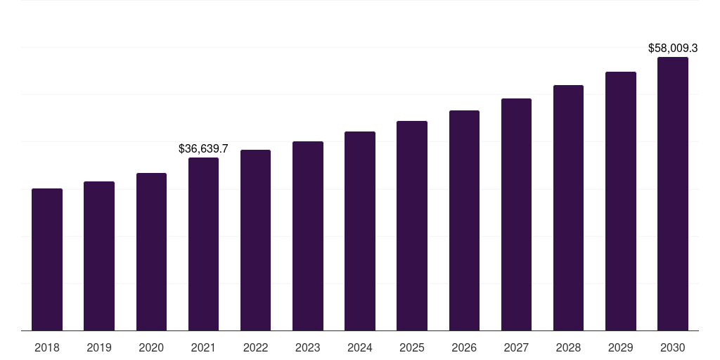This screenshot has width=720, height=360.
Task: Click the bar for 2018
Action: click(x=47, y=259)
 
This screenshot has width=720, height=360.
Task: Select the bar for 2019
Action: click(x=99, y=256)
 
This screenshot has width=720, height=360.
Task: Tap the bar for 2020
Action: click(x=151, y=252)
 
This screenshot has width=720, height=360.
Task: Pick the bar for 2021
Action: click(x=203, y=244)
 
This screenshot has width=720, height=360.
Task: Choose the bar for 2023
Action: click(x=308, y=236)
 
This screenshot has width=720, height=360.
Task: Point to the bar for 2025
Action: click(x=412, y=226)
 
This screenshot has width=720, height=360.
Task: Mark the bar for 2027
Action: click(x=516, y=214)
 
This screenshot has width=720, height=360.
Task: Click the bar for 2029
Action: click(x=621, y=201)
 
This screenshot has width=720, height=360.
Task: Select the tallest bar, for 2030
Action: click(x=673, y=194)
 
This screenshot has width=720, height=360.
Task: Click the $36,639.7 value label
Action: click(x=203, y=149)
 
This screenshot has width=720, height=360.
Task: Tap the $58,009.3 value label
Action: click(x=673, y=49)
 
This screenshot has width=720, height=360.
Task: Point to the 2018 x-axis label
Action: click(x=47, y=347)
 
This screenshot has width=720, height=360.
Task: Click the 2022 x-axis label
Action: click(x=255, y=347)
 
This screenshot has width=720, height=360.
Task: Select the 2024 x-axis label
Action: click(x=360, y=347)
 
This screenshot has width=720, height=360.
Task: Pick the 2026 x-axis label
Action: click(x=464, y=347)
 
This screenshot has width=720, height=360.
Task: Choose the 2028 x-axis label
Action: click(x=568, y=347)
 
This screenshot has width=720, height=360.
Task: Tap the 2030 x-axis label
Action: click(x=673, y=347)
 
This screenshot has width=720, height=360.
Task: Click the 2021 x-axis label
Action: click(x=203, y=347)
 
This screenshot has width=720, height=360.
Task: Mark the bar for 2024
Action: click(x=360, y=231)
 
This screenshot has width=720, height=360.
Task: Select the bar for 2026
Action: click(x=464, y=220)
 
